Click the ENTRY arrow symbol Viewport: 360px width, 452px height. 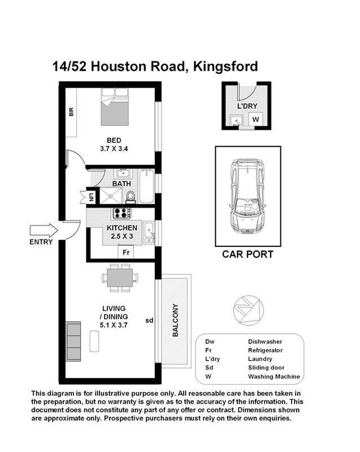tap(44, 231)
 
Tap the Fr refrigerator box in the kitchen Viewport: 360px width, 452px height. tap(126, 252)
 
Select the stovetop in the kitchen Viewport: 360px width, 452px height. tap(122, 213)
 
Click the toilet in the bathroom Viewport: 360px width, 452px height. tap(131, 197)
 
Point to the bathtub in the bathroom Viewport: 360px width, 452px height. tap(147, 186)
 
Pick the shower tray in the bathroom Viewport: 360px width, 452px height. tap(110, 195)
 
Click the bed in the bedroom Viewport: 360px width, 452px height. tap(115, 107)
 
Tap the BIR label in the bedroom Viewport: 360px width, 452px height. tap(71, 111)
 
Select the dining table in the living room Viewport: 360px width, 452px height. tap(120, 278)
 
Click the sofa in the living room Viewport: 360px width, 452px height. tap(73, 341)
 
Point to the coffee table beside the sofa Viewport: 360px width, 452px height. tap(94, 341)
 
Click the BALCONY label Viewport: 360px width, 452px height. tap(175, 320)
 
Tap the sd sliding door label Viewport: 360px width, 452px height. tap(149, 320)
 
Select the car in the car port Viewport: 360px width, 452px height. tap(248, 196)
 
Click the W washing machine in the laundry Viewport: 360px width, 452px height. tap(255, 119)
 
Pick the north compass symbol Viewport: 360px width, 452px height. tap(249, 310)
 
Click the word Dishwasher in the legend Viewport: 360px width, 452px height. tap(265, 342)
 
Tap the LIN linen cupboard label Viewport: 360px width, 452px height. tap(92, 197)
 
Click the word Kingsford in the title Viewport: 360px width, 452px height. tap(225, 66)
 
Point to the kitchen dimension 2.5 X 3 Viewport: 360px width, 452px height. tap(122, 236)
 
